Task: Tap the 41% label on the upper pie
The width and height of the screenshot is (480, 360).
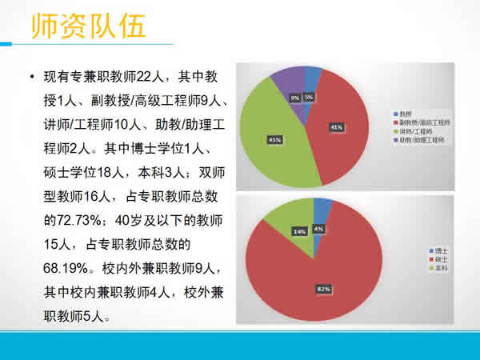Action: [x=336, y=126]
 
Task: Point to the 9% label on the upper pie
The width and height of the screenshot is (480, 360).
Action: [x=295, y=98]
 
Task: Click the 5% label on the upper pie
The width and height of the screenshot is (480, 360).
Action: [x=309, y=97]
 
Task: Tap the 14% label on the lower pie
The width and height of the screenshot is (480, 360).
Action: [x=278, y=231]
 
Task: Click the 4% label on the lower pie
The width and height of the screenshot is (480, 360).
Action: [x=318, y=229]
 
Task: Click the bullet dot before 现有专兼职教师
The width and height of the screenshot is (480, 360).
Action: [x=30, y=78]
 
